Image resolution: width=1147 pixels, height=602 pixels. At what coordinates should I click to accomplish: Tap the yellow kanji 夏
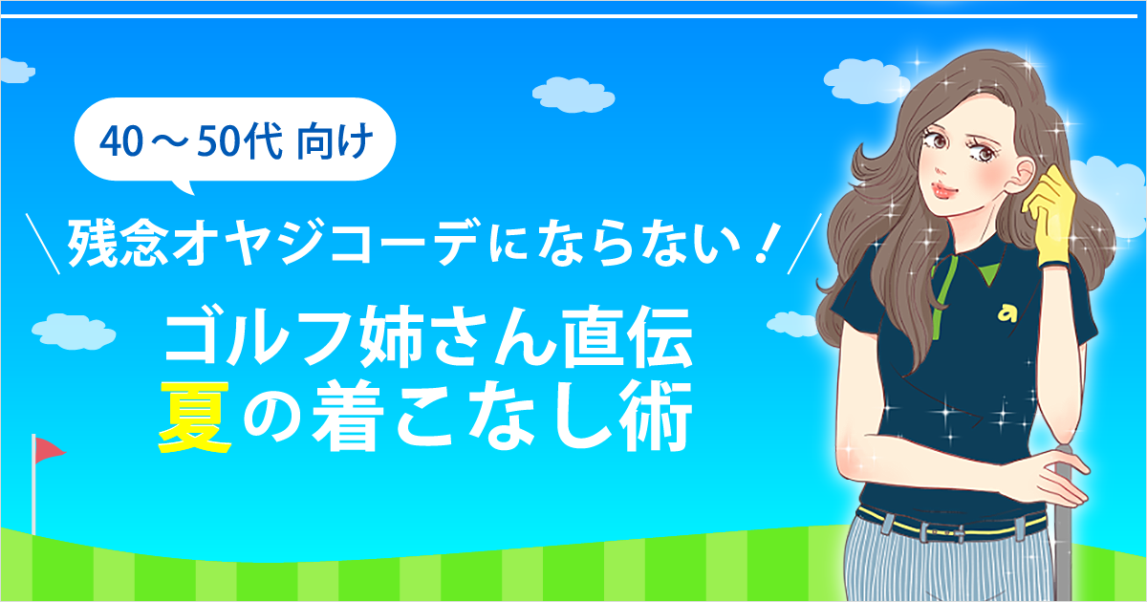194,417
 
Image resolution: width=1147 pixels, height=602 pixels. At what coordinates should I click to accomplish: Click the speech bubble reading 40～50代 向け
235,140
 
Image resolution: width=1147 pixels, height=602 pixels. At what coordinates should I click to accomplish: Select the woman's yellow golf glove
1049,218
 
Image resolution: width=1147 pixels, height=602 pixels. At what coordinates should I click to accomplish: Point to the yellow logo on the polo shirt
1006,314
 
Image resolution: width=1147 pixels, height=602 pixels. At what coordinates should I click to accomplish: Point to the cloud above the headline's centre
573,95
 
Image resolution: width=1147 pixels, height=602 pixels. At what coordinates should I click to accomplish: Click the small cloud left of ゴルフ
74,332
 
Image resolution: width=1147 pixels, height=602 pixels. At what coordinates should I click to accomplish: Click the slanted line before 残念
43,244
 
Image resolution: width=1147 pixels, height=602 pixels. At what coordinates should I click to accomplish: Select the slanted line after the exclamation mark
805,244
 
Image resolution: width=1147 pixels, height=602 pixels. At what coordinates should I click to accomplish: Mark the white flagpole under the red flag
33,484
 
